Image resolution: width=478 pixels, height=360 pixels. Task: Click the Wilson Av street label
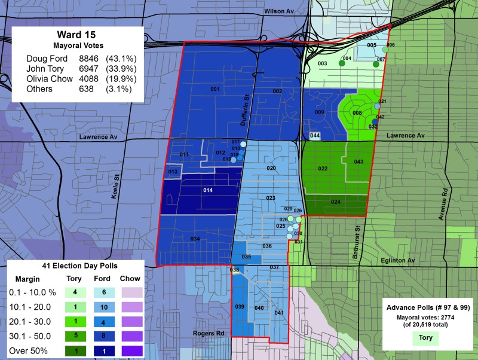click(x=280, y=11)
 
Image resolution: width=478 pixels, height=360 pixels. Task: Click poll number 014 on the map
click(x=207, y=190)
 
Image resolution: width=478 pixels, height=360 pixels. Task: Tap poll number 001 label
click(x=215, y=89)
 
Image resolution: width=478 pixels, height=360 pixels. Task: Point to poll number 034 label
click(x=195, y=239)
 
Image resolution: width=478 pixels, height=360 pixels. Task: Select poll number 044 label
click(x=315, y=136)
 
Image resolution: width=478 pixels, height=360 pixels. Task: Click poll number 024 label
click(x=335, y=202)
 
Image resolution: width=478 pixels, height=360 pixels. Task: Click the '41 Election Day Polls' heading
click(x=75, y=265)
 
